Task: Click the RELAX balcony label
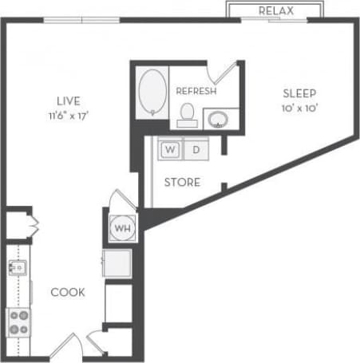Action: (277, 10)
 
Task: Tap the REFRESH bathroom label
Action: (196, 91)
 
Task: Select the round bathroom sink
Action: (217, 120)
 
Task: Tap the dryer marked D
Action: (196, 148)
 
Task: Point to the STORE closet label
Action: (182, 183)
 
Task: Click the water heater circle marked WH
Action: (122, 227)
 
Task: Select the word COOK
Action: (68, 292)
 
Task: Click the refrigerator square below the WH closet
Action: (117, 262)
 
